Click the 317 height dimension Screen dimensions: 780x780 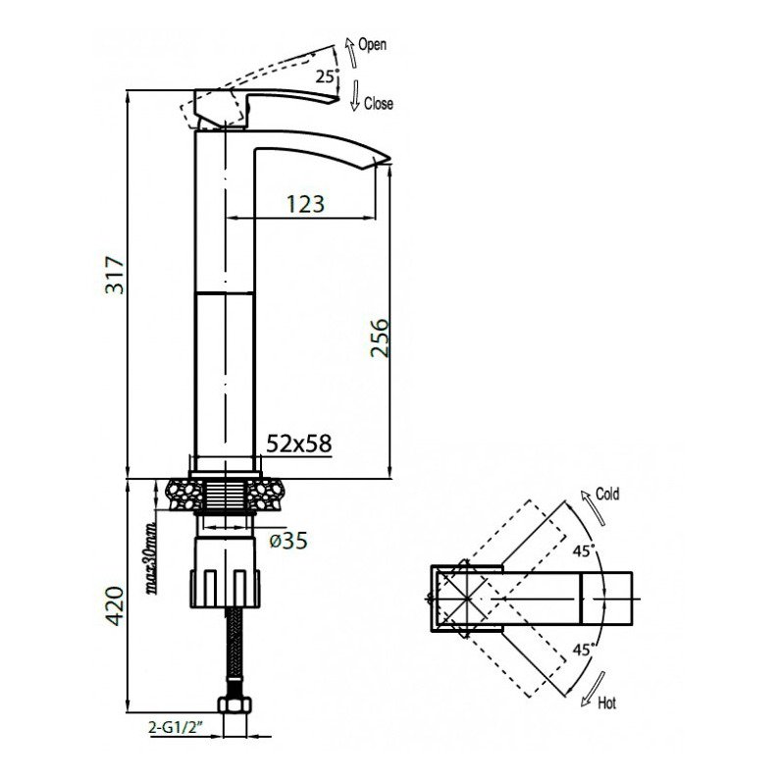(114, 281)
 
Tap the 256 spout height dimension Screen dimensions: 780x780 (381, 340)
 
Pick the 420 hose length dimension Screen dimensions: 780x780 (114, 608)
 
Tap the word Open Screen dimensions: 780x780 (373, 45)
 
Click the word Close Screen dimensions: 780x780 (378, 104)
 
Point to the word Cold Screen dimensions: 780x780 (608, 494)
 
